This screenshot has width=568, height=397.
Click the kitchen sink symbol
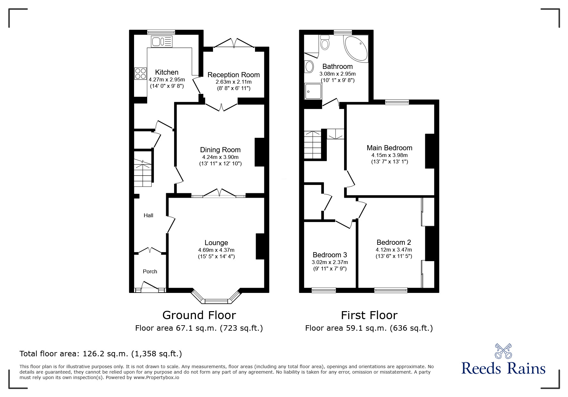click(x=162, y=41)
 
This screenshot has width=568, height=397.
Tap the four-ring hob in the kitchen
click(x=140, y=73)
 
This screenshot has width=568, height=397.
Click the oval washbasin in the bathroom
click(x=309, y=67)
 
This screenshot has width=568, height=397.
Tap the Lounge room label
click(x=216, y=243)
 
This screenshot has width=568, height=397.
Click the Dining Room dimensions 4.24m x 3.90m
click(x=220, y=157)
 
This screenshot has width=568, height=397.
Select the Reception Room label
click(x=233, y=75)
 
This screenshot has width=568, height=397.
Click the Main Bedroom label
click(x=389, y=148)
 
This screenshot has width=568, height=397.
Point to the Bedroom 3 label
click(x=330, y=255)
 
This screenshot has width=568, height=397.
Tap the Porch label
click(x=150, y=271)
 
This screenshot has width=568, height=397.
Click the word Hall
click(x=148, y=215)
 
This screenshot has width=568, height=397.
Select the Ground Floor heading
click(x=199, y=315)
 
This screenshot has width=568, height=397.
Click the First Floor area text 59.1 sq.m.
click(x=369, y=328)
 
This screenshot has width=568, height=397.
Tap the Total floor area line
click(x=101, y=354)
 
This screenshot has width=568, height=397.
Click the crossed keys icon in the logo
click(x=503, y=351)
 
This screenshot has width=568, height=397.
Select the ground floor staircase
click(x=143, y=173)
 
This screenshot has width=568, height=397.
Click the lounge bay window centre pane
click(x=216, y=301)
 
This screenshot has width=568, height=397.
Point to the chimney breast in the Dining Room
click(x=259, y=152)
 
